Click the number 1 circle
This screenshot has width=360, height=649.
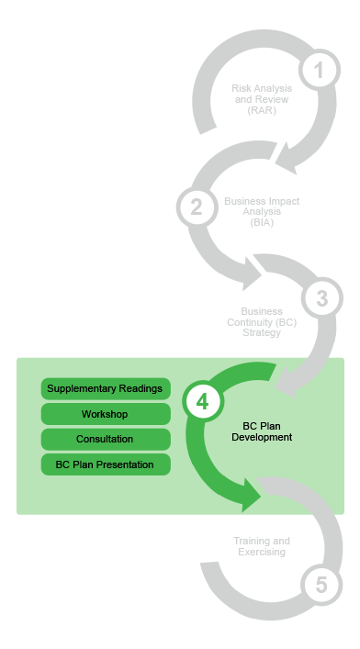pos(318,70)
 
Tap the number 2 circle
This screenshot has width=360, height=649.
pos(196,206)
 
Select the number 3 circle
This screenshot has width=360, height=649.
pos(321,298)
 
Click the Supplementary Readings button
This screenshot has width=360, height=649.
pos(106,388)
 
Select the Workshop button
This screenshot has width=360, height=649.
pos(106,414)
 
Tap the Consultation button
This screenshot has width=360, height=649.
pos(106,439)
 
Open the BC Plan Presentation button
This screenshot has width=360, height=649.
pos(106,464)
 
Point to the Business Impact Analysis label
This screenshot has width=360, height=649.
pos(261,210)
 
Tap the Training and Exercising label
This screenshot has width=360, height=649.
pos(261,547)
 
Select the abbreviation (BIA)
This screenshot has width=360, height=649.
pos(261,221)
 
